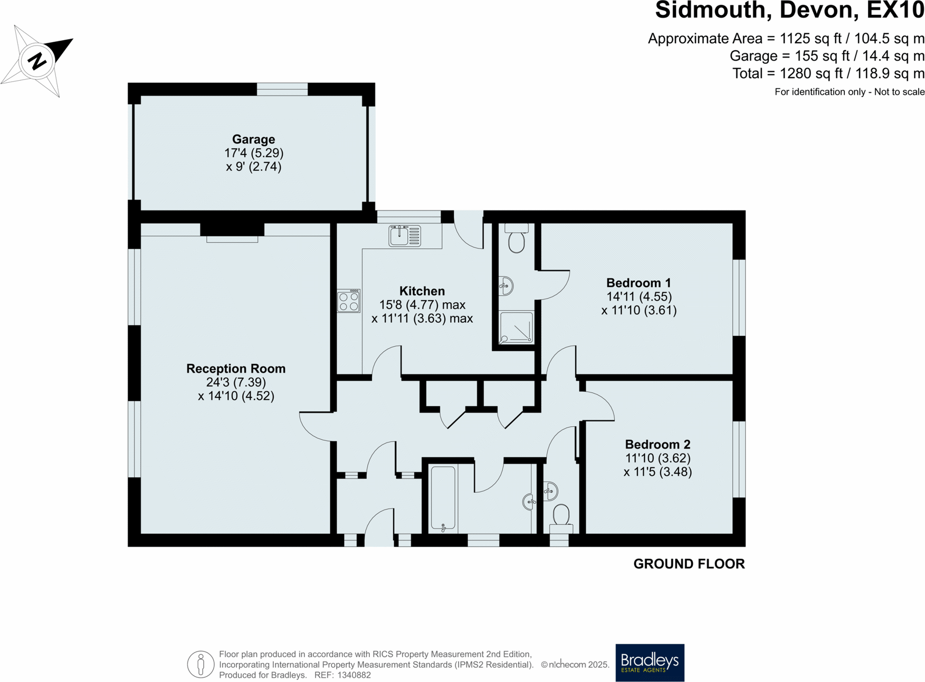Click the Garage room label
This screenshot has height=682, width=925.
[253, 139]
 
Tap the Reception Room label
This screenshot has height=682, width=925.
[236, 369]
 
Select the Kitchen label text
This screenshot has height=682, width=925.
[422, 291]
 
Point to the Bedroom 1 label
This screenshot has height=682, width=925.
[638, 283]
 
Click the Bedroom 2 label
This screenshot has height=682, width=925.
[657, 445]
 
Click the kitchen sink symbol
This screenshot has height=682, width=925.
[405, 236]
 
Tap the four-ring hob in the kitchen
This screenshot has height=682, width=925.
[349, 301]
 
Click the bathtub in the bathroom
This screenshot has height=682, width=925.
[443, 498]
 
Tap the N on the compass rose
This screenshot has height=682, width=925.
[37, 61]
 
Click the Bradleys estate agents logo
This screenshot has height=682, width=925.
[650, 662]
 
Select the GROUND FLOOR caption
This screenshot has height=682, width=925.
[689, 564]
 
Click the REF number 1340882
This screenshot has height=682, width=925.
[354, 675]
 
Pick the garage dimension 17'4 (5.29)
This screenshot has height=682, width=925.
[254, 153]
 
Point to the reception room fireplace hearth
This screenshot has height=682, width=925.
[232, 239]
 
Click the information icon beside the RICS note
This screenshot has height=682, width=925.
[201, 665]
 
